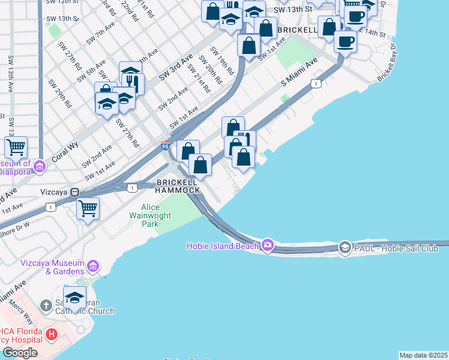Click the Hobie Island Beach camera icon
(267, 245)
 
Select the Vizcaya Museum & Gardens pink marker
(92, 266)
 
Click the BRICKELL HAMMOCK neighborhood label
(178, 185)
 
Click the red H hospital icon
(52, 334)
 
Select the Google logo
(20, 353)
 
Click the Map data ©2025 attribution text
(424, 355)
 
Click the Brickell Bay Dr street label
(387, 62)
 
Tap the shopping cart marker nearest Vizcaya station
(88, 209)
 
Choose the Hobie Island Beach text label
(223, 245)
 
